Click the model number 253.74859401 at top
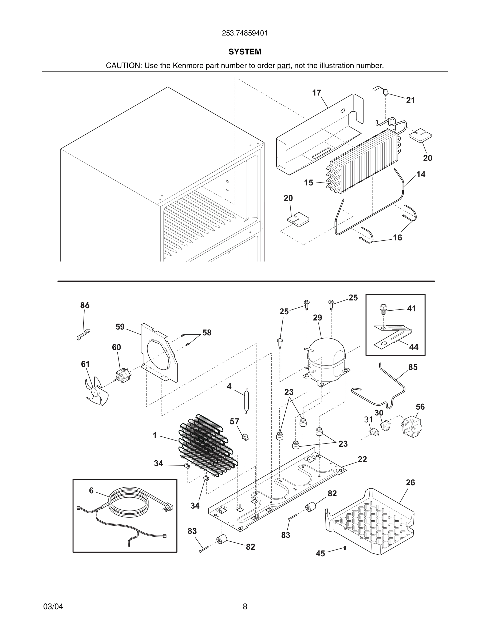pos(244,33)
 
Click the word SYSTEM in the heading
pos(245,52)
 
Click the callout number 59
pos(120,327)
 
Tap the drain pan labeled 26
pos(370,521)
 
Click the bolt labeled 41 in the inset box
pos(384,309)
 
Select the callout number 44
pos(414,347)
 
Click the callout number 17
pos(317,93)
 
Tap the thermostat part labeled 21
pos(386,92)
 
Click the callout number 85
pos(413,367)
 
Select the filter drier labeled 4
pos(246,400)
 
